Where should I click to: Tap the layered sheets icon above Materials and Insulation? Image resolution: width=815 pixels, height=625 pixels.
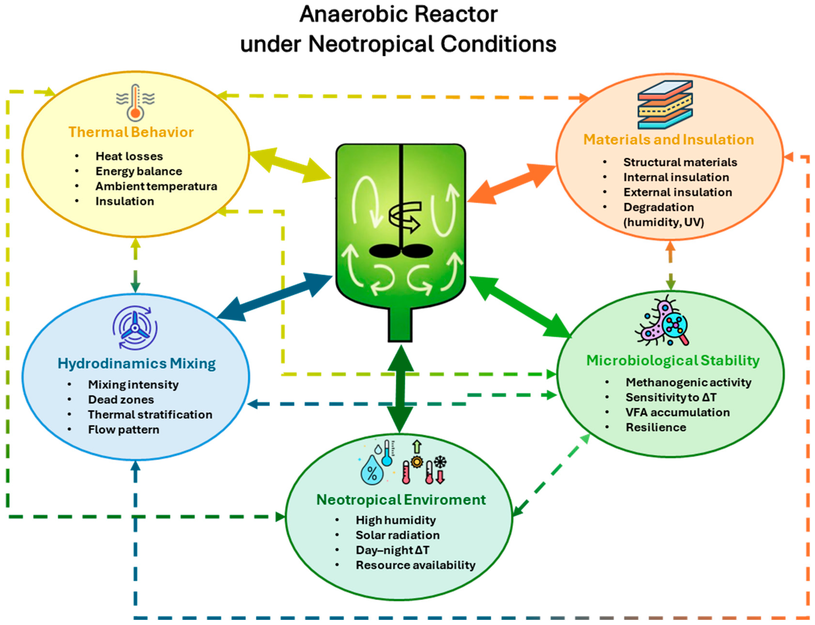click(x=665, y=105)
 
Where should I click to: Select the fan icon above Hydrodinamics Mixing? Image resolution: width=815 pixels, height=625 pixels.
click(x=135, y=328)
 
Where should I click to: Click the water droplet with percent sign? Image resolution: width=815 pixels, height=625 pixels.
click(x=372, y=471)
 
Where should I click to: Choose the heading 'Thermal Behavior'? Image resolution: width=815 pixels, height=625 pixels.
click(x=131, y=132)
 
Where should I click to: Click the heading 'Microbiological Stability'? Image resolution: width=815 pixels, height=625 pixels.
click(x=673, y=360)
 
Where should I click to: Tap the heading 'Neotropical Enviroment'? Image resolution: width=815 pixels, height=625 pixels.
click(x=401, y=500)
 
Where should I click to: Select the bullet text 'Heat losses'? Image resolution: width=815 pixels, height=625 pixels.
click(x=129, y=156)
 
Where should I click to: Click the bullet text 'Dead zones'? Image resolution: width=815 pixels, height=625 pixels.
click(x=121, y=400)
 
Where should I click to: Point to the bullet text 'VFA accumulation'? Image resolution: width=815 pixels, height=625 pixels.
click(x=677, y=412)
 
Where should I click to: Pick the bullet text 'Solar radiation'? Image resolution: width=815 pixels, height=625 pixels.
click(x=398, y=535)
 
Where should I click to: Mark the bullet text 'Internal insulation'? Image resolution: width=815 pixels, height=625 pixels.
click(x=676, y=177)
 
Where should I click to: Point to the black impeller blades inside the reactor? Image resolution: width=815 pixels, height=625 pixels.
click(x=401, y=251)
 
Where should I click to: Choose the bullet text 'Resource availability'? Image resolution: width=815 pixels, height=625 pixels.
click(x=415, y=565)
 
